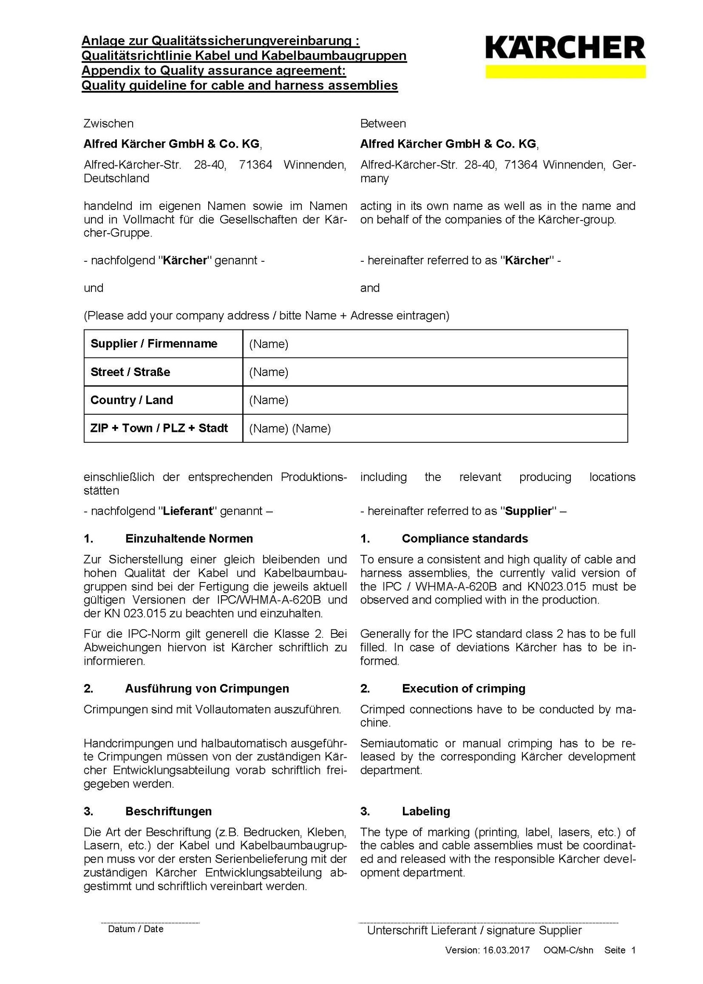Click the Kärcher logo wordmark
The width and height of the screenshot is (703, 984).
[565, 48]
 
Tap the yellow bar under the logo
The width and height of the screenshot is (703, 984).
[565, 72]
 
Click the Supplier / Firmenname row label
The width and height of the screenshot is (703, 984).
[154, 344]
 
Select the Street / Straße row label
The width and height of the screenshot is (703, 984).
[130, 372]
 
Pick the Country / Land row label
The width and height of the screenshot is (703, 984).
[131, 400]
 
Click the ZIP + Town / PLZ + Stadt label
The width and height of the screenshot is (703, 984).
[159, 428]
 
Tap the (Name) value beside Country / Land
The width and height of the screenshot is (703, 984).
[268, 400]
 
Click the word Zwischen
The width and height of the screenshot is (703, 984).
[108, 123]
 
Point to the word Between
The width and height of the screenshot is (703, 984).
[383, 123]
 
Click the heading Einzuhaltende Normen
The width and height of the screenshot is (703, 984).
[189, 539]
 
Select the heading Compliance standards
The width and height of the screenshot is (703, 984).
[464, 539]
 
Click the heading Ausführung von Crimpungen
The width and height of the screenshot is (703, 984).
[207, 688]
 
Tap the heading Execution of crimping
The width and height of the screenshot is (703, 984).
[463, 688]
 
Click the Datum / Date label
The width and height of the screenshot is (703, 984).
[135, 929]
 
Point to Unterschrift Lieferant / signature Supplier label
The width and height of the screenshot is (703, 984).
[474, 930]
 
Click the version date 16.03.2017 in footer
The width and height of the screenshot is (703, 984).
[506, 951]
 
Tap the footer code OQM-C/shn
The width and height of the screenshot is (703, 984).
[568, 951]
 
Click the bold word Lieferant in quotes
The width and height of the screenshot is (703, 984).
[188, 511]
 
